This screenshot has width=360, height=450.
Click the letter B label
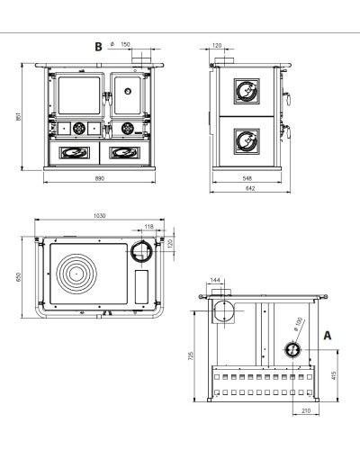coord(98,47)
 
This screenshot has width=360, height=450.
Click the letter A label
coord(328,336)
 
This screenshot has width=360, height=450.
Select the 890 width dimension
coord(100,178)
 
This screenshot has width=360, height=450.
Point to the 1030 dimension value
coord(100,216)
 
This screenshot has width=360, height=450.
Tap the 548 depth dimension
coord(247,178)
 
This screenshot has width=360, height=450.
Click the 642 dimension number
coord(250,188)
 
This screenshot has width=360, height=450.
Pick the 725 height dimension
coord(191,356)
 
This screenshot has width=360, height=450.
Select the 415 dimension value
coord(334,375)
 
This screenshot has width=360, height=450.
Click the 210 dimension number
coord(306,410)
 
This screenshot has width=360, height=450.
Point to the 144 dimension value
coord(215,280)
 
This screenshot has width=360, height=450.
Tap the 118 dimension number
coord(149,227)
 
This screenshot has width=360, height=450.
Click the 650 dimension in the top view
coord(18,277)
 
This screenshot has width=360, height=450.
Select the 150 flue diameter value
coord(125,44)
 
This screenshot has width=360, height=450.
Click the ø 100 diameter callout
coord(298,324)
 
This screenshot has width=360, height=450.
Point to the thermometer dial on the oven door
coord(128,91)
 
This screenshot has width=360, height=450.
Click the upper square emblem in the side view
coord(247,91)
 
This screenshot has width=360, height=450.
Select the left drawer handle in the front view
coord(74,152)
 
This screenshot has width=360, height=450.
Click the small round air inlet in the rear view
coord(292,350)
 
